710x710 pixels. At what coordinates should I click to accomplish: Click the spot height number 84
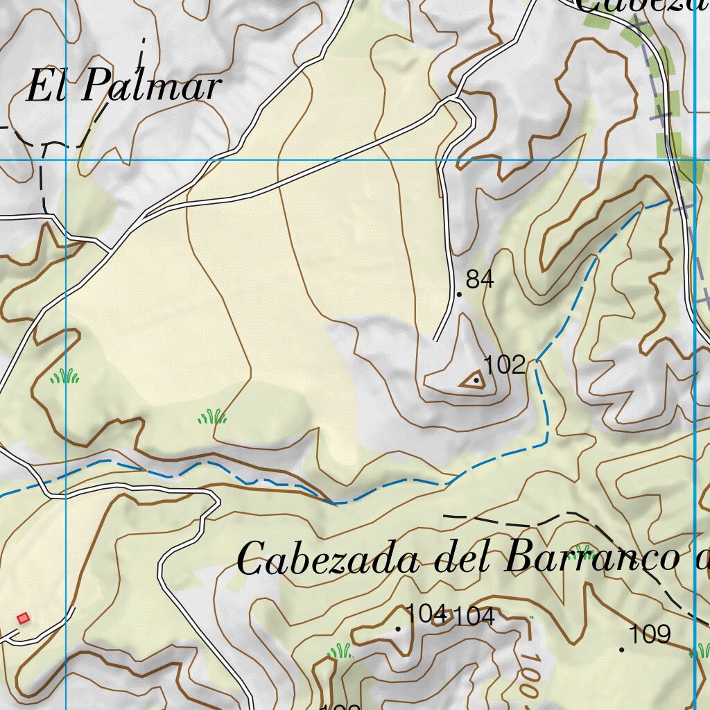click(x=480, y=279)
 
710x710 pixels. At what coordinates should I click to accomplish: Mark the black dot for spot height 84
click(x=459, y=295)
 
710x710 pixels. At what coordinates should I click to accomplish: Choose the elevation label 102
click(x=504, y=365)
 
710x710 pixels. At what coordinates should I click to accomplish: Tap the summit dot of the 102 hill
click(x=476, y=380)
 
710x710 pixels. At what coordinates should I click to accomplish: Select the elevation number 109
click(x=650, y=634)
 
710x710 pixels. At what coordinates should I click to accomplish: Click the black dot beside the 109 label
click(x=622, y=650)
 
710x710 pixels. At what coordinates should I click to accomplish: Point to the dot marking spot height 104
click(x=398, y=630)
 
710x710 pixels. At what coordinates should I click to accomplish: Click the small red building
click(x=24, y=618)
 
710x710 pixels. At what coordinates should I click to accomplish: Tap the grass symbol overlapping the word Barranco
click(x=581, y=552)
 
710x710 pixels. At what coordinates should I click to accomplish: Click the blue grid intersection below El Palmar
click(x=67, y=160)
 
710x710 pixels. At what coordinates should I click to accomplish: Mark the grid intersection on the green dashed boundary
click(x=694, y=160)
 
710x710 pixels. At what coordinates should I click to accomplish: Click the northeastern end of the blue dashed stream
click(x=667, y=201)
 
